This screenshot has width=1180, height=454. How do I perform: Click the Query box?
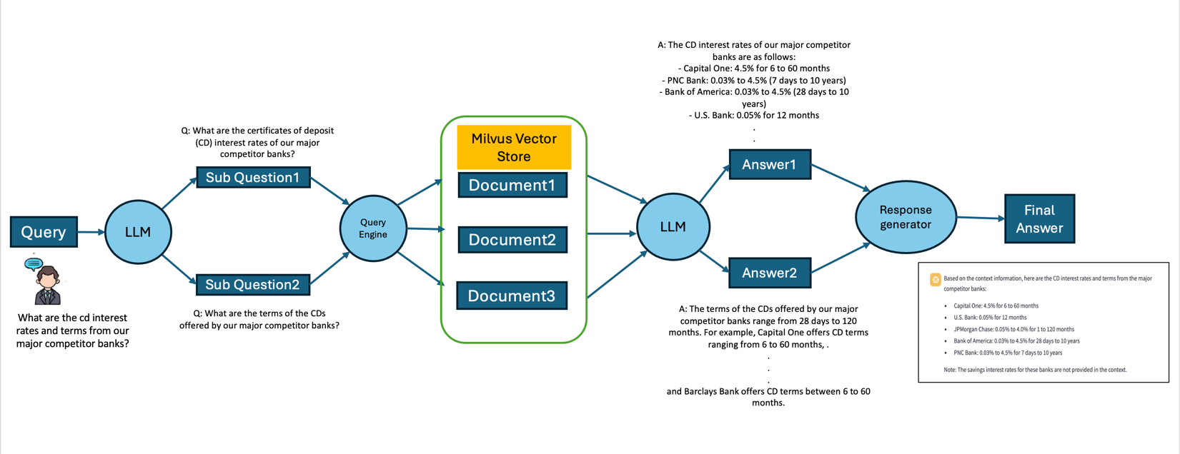click(44, 232)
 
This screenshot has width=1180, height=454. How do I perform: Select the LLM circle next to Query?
click(138, 232)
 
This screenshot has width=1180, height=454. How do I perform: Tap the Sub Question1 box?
click(253, 178)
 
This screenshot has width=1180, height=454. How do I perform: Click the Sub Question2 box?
click(253, 285)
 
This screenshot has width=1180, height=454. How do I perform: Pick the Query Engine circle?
click(373, 228)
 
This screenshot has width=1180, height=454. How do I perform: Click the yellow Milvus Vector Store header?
click(514, 147)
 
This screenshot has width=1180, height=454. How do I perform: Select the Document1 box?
click(512, 186)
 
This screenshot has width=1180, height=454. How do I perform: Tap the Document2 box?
click(512, 240)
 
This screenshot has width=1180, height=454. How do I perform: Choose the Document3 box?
click(512, 296)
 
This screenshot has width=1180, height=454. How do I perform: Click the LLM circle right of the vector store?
click(673, 227)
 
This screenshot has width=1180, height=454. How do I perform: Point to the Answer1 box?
click(770, 165)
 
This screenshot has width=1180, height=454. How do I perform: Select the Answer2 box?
click(770, 273)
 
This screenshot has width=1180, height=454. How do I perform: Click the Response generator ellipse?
click(906, 217)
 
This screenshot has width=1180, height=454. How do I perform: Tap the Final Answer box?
click(1039, 219)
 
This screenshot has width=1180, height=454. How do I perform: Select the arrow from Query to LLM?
click(91, 232)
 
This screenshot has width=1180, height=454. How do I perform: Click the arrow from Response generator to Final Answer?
click(980, 218)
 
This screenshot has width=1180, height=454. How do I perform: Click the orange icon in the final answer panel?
click(935, 280)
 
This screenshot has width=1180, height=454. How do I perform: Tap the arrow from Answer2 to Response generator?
click(841, 258)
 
